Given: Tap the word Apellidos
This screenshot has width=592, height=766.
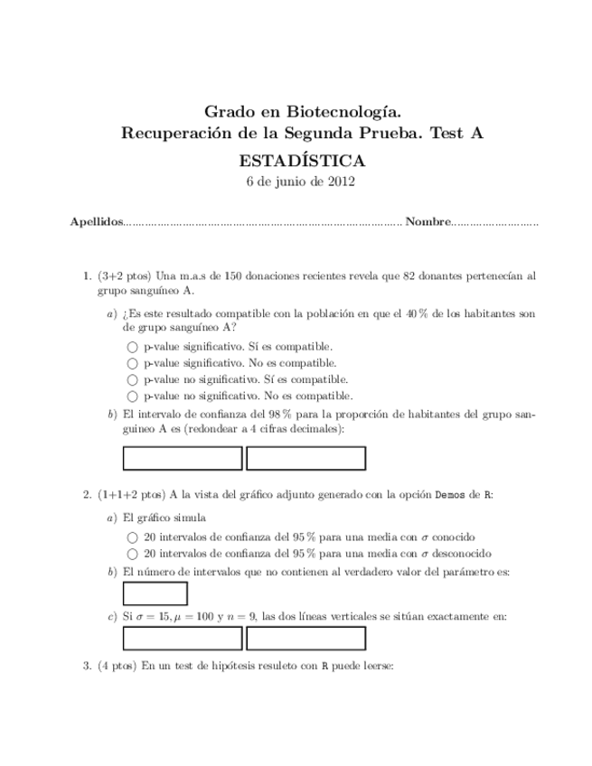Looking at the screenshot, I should tap(96, 222).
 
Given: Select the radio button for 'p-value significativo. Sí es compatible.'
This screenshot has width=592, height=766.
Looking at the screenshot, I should tap(132, 346).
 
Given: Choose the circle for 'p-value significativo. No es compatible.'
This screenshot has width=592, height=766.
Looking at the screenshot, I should tap(132, 363).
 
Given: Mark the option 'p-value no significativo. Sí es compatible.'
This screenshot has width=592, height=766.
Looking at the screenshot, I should tap(132, 379).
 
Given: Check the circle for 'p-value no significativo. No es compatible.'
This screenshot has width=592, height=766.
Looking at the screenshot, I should tap(132, 397).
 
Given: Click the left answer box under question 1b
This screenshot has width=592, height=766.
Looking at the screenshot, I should tap(182, 459).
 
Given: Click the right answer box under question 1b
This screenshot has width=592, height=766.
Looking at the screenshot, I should tap(305, 459).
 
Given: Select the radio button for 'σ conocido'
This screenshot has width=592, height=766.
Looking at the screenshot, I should tap(132, 537).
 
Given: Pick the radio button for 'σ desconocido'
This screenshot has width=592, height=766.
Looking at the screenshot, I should tap(132, 554).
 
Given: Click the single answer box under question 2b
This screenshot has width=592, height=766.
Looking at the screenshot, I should tap(155, 593).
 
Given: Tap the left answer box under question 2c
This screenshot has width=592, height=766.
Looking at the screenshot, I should tap(182, 639).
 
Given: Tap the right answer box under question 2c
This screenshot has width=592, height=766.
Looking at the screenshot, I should tap(305, 639).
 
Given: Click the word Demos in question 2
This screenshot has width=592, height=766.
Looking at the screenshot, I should tap(452, 494).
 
